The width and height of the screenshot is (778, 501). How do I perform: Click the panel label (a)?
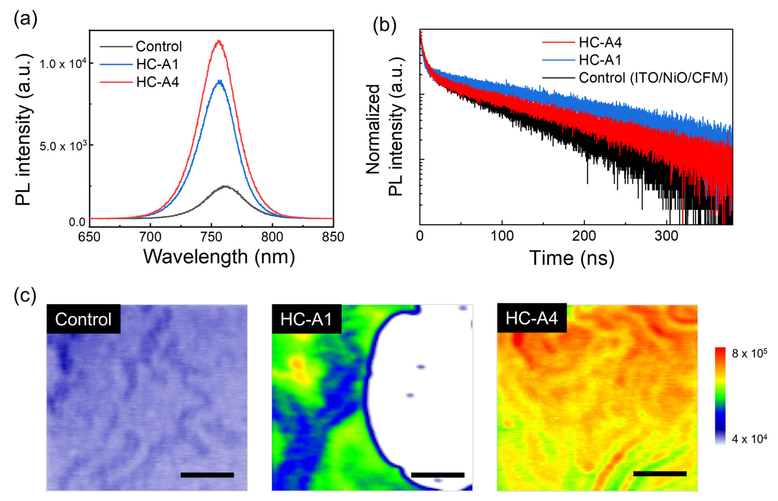[x=25, y=19]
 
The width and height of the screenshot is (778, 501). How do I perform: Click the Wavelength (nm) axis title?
[x=219, y=257]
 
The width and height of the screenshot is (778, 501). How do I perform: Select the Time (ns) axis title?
[x=572, y=258]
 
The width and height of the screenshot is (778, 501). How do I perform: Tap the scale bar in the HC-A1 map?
[x=437, y=475]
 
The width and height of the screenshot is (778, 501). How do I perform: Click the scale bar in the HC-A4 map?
[x=660, y=474]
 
